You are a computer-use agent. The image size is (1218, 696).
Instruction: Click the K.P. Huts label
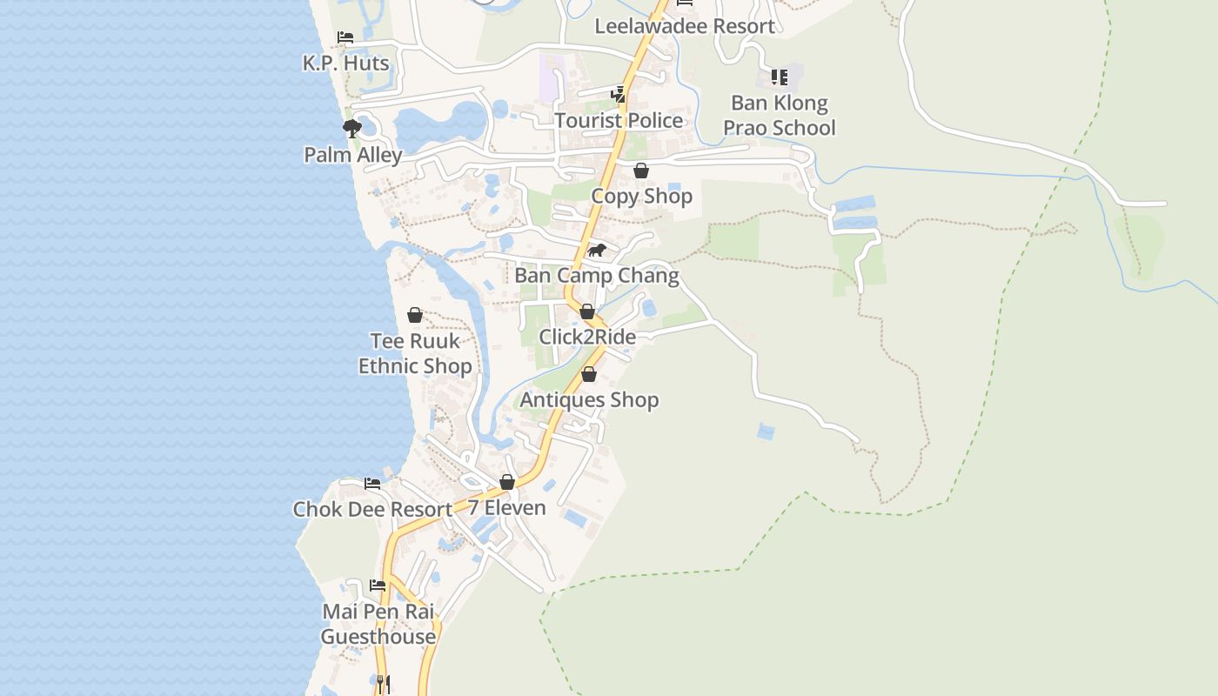(x=345, y=64)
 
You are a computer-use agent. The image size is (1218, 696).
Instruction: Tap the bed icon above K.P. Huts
(x=345, y=37)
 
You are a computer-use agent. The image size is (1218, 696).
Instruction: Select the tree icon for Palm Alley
(x=351, y=130)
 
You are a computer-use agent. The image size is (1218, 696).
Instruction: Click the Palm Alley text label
(x=352, y=155)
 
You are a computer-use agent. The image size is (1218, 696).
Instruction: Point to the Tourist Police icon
(x=619, y=94)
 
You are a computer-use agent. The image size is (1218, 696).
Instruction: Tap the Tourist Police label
(x=619, y=120)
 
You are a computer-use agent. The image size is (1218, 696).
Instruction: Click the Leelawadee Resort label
(x=684, y=26)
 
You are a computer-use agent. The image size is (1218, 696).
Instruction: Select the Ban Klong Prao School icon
(x=779, y=77)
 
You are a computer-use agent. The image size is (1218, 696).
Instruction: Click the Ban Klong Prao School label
(x=779, y=115)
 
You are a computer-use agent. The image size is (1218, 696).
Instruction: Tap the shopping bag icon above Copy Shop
(x=641, y=171)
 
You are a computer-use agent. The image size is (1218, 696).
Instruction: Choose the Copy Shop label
(x=641, y=196)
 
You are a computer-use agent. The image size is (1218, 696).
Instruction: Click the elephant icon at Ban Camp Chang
(x=596, y=251)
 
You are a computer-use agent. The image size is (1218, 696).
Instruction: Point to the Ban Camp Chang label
(x=596, y=276)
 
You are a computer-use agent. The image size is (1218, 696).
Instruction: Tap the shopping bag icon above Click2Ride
(x=587, y=311)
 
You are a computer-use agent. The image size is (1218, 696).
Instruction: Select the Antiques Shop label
(x=589, y=400)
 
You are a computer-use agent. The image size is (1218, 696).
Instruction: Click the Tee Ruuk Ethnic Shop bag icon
(x=415, y=315)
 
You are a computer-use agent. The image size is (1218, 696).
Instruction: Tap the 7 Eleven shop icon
(x=507, y=482)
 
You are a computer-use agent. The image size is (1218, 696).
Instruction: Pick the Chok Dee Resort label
(x=372, y=509)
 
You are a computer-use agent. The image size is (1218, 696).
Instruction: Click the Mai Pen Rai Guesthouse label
(x=378, y=624)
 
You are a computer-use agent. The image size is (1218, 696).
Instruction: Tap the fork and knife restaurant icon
(x=383, y=684)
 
